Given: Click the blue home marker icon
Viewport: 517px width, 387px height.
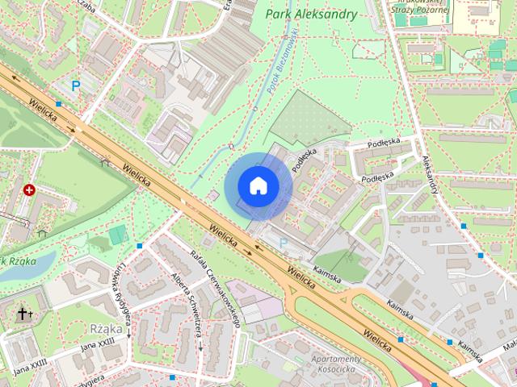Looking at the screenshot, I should point(258,185).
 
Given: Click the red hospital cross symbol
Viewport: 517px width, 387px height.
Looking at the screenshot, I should point(30,190).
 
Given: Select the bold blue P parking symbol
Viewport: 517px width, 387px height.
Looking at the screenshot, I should point(76,85).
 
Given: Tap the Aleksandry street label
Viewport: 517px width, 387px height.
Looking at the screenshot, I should point(428,174).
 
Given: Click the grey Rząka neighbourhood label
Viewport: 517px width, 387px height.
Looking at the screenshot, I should point(107,328).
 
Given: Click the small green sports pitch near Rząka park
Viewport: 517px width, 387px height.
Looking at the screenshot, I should point(119,235).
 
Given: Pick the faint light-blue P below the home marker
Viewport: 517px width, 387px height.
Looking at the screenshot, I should point(283,242).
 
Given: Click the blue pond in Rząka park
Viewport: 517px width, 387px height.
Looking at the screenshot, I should point(36,263).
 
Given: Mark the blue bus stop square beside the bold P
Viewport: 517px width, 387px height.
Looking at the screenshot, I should point(59,103).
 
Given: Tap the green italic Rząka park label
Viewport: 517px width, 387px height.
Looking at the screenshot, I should point(16,260).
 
